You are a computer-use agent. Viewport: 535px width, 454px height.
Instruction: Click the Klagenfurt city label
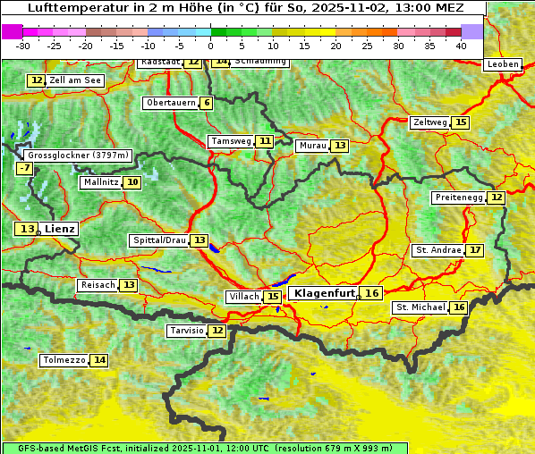coord(325,293)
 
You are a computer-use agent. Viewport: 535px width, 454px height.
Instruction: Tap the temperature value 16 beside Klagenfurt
coord(372,293)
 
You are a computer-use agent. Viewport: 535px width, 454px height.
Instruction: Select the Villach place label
coord(244,297)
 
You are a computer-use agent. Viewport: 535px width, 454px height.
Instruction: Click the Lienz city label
coord(61,230)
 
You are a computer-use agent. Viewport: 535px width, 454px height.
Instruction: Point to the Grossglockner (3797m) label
coord(78,156)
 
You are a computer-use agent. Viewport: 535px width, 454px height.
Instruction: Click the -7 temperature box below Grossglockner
coord(24,168)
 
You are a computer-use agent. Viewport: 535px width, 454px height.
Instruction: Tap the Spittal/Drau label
coord(159,240)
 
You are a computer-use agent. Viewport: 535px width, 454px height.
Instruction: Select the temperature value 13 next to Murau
coord(339,146)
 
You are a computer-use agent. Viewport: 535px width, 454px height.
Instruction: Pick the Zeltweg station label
coord(430,122)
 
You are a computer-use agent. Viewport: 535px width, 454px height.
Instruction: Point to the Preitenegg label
coord(459,198)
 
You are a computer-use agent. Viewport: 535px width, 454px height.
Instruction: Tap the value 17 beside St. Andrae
coord(475,250)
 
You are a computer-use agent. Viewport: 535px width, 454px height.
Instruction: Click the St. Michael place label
coord(420,307)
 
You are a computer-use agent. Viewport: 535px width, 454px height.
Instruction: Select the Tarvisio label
coord(187,331)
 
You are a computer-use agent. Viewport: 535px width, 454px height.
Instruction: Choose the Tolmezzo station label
coord(64,361)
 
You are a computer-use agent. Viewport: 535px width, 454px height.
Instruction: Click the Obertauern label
coord(171,103)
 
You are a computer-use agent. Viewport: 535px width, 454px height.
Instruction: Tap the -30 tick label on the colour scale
coord(23,46)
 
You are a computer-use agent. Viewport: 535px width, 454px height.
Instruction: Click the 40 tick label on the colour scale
coord(461,46)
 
